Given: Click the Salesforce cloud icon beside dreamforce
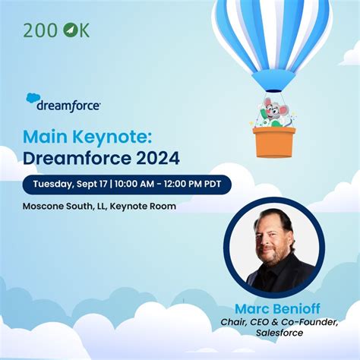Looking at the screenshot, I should [x=33, y=99].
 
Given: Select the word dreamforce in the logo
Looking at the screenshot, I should [x=68, y=106].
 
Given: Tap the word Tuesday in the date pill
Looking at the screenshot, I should [x=52, y=185].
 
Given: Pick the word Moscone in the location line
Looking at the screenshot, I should [x=45, y=206].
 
